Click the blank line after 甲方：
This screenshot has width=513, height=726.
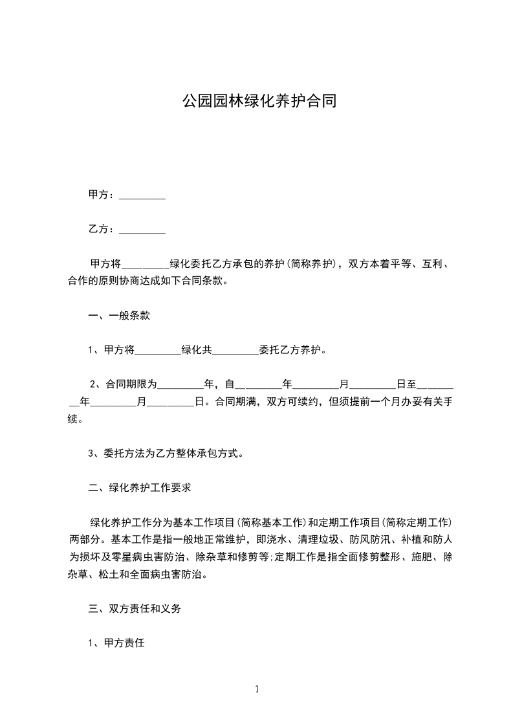pos(143,195)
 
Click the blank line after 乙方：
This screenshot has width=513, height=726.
pos(143,230)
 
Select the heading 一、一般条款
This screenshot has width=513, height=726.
pos(120,316)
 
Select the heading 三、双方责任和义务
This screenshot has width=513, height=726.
pos(135,609)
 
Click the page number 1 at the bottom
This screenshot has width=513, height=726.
pos(257,689)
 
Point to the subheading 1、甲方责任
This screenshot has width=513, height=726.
pos(120,643)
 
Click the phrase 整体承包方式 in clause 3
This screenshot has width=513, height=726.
pos(208,454)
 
